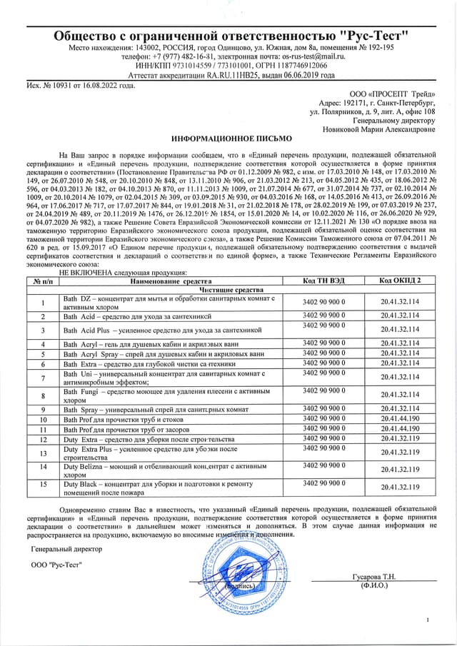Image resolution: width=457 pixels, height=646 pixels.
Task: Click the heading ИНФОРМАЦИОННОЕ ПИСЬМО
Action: tap(228, 140)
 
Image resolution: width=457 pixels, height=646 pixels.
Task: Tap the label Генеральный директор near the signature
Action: tap(67, 549)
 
